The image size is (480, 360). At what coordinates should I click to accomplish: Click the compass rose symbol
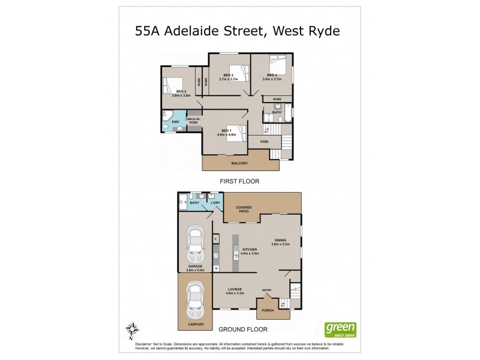click(x=133, y=329)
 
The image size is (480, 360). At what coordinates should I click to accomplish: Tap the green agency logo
click(x=340, y=329)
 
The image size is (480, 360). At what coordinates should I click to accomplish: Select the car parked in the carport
click(x=194, y=301)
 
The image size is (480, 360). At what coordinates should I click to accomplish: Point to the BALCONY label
click(x=239, y=163)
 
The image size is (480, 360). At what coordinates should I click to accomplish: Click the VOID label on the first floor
click(x=264, y=142)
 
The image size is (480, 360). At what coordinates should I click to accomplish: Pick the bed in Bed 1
click(x=235, y=131)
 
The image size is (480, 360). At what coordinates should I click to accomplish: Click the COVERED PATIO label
click(x=244, y=209)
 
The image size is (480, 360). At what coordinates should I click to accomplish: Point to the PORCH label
click(x=268, y=310)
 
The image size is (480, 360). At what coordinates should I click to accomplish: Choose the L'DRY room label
click(x=215, y=203)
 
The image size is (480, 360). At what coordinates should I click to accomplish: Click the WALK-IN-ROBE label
click(x=193, y=121)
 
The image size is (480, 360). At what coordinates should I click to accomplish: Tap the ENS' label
click(x=176, y=122)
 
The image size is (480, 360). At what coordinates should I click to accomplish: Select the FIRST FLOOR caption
click(x=239, y=180)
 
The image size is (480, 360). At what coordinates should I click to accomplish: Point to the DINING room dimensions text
click(x=281, y=244)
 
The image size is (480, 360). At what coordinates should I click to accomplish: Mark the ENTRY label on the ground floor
click(x=267, y=290)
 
